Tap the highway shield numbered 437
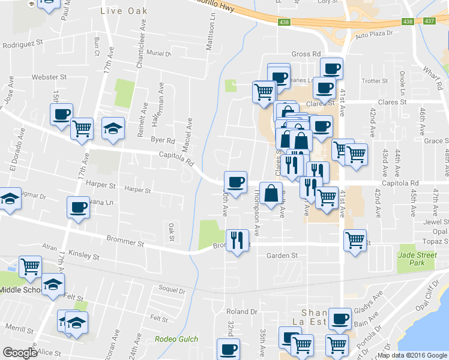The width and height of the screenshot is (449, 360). point(429,21)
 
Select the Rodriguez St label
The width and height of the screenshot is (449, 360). point(23,43)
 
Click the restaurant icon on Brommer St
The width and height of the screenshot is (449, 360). point(237,241)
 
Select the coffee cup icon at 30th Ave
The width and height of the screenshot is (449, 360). point(235,181)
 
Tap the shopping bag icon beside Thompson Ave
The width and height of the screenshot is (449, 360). point(271,193)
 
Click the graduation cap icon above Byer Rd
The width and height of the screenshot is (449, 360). point(112,128)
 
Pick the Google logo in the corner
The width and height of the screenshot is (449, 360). point(20,353)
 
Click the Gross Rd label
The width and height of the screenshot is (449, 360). point(306,54)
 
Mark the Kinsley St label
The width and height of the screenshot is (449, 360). point(83,256)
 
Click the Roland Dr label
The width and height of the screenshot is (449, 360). point(241,312)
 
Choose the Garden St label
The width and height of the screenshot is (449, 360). point(282,255)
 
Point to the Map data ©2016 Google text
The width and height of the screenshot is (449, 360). point(412,355)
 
